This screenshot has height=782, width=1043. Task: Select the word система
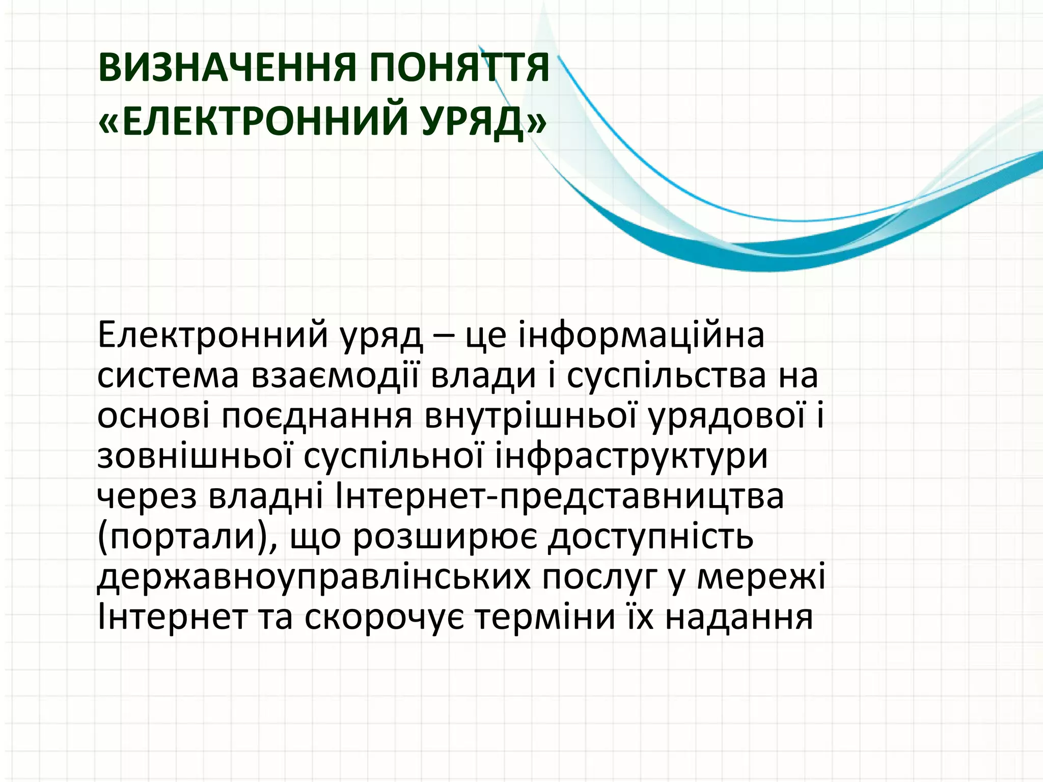pos(168,377)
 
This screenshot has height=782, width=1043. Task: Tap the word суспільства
pos(666,377)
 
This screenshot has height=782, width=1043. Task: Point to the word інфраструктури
pos(632,457)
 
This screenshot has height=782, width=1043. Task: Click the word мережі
pos(761,578)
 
